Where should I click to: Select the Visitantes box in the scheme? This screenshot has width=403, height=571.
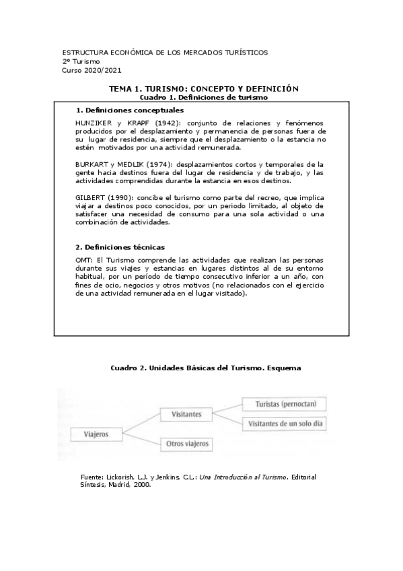pyautogui.click(x=186, y=415)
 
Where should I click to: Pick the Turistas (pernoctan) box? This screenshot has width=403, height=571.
pyautogui.click(x=283, y=404)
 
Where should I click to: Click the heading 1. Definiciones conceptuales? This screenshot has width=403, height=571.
pyautogui.click(x=131, y=110)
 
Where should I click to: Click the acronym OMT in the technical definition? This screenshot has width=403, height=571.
pyautogui.click(x=85, y=259)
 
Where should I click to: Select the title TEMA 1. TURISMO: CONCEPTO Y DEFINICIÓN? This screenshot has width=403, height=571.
pyautogui.click(x=203, y=89)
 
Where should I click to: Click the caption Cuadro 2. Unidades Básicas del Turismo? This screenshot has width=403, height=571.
pyautogui.click(x=204, y=368)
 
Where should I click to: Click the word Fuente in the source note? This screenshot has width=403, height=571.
pyautogui.click(x=91, y=477)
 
